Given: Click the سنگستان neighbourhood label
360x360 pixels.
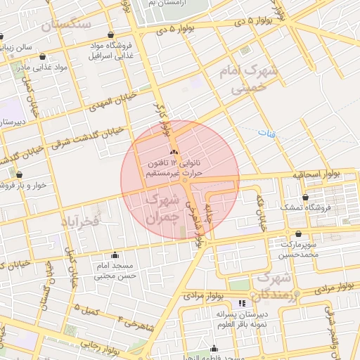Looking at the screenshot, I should [x=67, y=25].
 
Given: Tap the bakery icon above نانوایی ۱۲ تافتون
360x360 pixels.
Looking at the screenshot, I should [x=175, y=153].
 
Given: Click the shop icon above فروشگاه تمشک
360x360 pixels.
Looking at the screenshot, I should [x=304, y=198].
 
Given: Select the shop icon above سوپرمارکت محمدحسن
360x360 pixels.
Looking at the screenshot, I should [x=298, y=234].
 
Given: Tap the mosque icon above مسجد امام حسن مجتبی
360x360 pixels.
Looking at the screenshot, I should [x=115, y=255].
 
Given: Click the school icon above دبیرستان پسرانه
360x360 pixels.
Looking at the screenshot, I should [x=243, y=304].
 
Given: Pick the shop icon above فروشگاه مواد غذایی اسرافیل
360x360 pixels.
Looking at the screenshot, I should [x=111, y=34].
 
